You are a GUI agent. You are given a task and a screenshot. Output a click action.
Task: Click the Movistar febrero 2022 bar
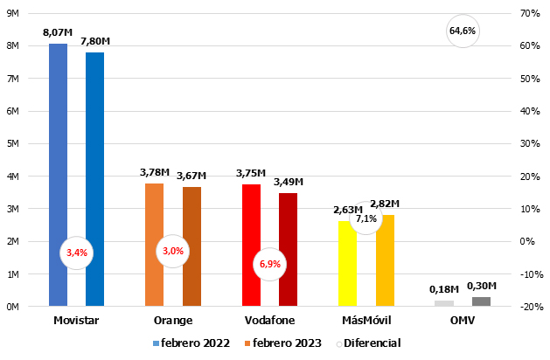pyautogui.click(x=58, y=175)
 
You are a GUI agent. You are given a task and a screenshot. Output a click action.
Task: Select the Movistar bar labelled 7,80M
pyautogui.click(x=94, y=179)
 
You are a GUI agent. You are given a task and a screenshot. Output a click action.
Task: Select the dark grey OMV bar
pyautogui.click(x=481, y=301)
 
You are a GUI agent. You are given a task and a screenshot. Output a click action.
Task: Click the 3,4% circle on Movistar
pyautogui.click(x=77, y=253)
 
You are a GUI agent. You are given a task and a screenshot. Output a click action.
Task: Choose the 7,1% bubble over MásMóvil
pyautogui.click(x=366, y=218)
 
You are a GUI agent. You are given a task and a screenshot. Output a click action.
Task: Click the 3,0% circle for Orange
pyautogui.click(x=173, y=252)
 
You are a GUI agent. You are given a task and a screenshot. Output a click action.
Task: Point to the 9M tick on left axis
pyautogui.click(x=13, y=13)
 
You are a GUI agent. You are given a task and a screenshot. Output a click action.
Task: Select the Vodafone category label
pyautogui.click(x=269, y=321)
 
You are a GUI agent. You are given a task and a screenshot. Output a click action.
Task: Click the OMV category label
pyautogui.click(x=463, y=321)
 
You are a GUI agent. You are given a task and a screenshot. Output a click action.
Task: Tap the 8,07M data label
pyautogui.click(x=57, y=33)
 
